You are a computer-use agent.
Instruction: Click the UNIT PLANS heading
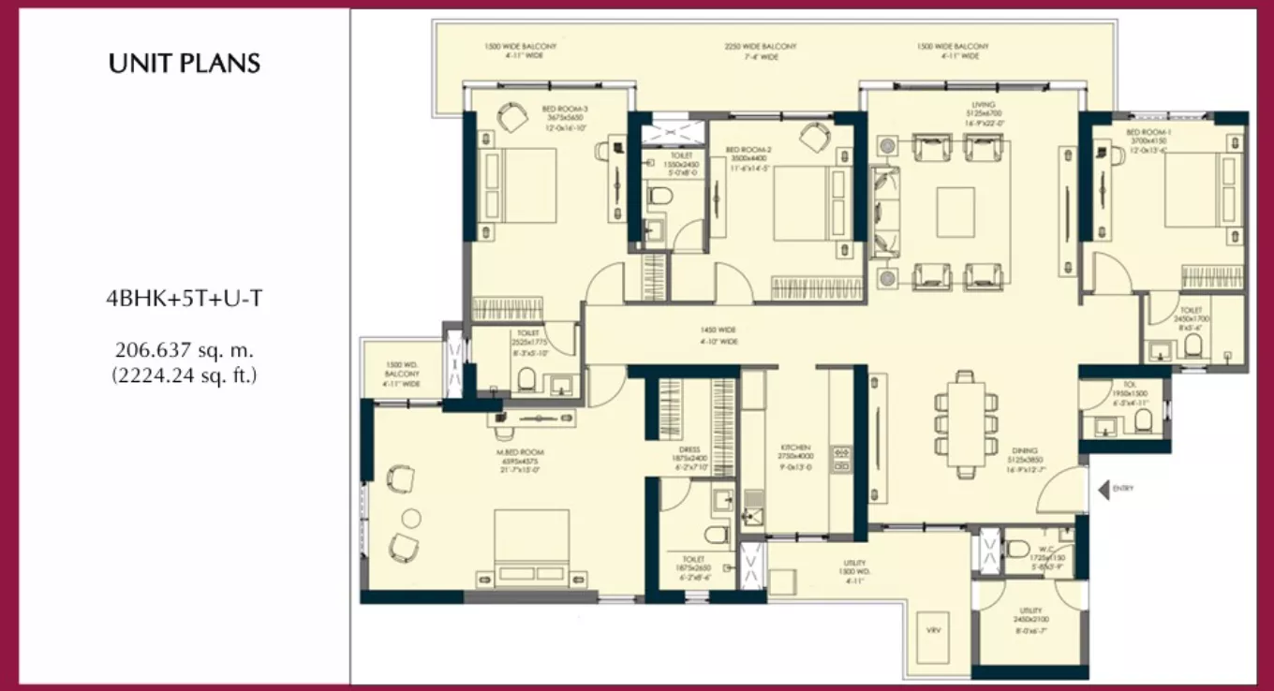point(185,65)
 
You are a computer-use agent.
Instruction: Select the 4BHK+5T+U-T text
point(185,300)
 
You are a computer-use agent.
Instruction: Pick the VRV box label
point(932,630)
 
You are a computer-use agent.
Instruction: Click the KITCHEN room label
point(797,448)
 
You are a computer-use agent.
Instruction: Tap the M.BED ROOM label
point(521,452)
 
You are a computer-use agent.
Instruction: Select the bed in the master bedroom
point(531,546)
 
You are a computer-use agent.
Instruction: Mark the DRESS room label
point(689,449)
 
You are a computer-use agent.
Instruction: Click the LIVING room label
point(983,105)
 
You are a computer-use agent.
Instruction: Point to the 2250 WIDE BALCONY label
point(761,46)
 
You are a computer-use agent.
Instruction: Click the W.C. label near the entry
point(1048,550)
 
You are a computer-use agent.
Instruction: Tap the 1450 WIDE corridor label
point(719,330)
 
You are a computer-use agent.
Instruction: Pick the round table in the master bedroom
point(411,519)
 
